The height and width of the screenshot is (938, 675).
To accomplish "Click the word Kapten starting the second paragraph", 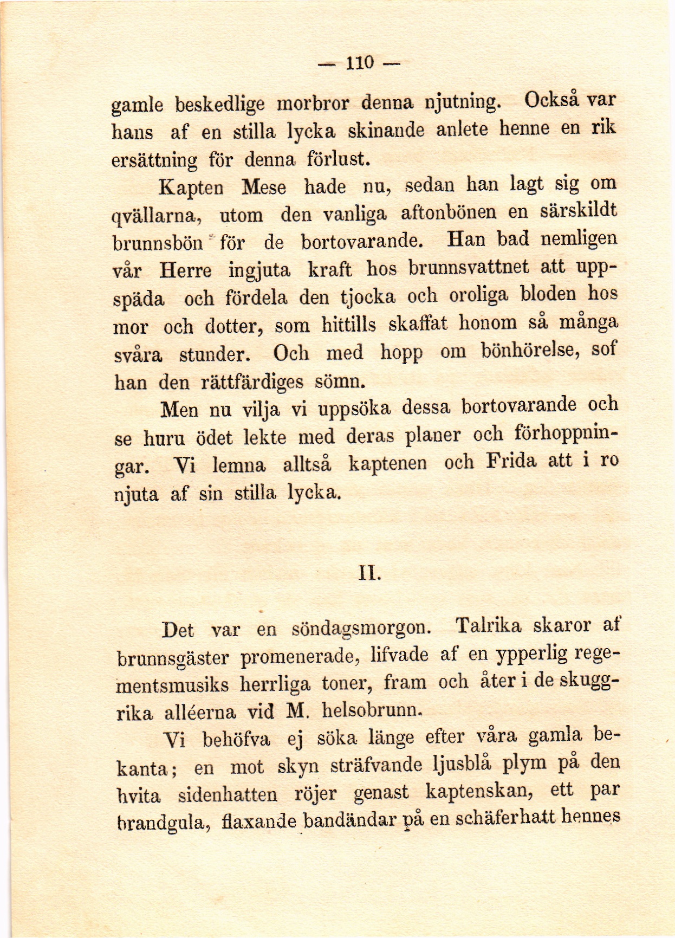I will coord(191,188).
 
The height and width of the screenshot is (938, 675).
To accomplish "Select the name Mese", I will coord(264,187).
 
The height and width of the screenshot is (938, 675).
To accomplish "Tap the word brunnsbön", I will coord(157,243).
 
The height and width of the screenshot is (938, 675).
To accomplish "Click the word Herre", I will coord(185,270).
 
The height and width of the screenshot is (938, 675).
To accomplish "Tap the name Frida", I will coord(511,462).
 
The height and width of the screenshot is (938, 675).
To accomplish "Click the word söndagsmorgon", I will coord(361,629).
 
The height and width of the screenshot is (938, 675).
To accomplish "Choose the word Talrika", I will coord(488,626).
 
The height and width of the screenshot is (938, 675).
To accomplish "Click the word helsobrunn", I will coord(371,710).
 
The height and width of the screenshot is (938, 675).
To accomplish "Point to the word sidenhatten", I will coord(228,795).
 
